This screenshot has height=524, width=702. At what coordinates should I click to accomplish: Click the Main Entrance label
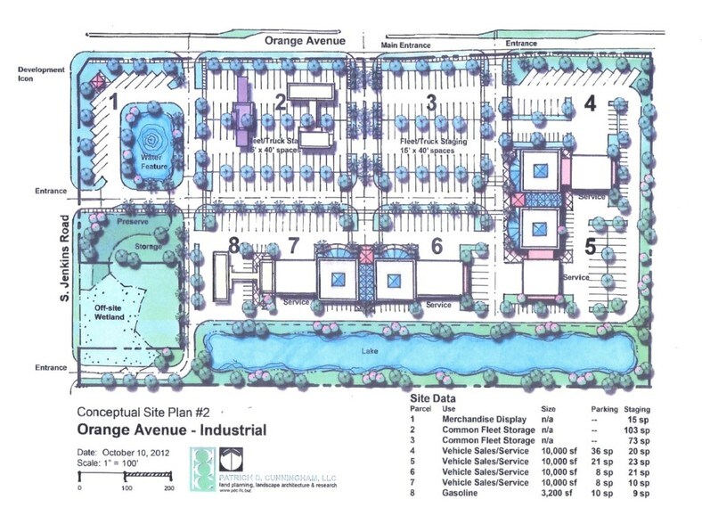pos(404,45)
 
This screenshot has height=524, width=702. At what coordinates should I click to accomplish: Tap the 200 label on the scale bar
pos(168,489)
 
